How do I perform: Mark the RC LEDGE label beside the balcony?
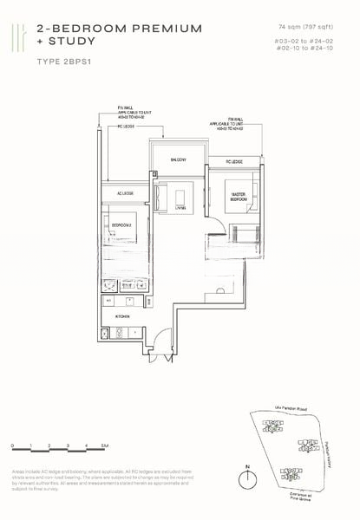click(x=233, y=161)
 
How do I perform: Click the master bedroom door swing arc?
click(x=217, y=231)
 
